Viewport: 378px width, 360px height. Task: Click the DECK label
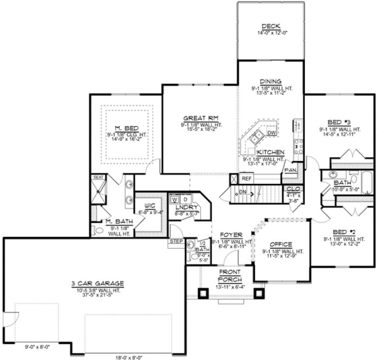click(x=269, y=27)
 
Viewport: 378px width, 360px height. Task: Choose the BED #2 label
click(x=341, y=232)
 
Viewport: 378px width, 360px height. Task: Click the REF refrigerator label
click(x=246, y=178)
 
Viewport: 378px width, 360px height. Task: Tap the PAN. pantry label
click(x=290, y=170)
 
